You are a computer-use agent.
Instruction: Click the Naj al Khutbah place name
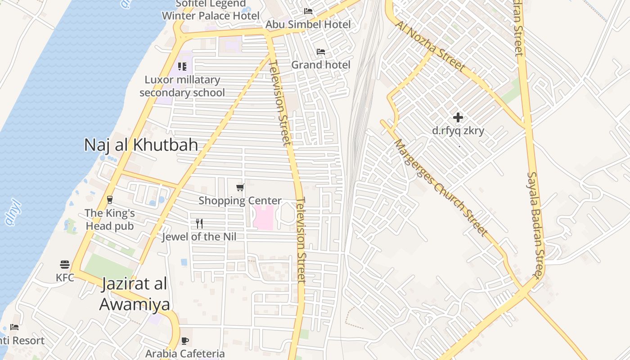pos(141,145)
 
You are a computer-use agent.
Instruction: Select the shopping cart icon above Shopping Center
pos(240,187)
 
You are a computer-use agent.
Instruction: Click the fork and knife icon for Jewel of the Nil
pos(199,224)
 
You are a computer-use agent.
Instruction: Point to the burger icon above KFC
pos(65,265)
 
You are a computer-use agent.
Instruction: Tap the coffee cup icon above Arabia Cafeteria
pos(184,341)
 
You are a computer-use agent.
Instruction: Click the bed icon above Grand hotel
pos(321,52)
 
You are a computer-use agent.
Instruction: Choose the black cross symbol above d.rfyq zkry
pos(458,117)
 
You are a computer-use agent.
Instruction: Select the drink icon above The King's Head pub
pos(110,199)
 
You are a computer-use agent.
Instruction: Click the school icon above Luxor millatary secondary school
pos(182,67)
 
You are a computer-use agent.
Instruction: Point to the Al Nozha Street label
pos(430,46)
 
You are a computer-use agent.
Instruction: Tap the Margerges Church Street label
pos(441,188)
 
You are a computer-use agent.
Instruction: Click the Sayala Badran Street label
pos(536,225)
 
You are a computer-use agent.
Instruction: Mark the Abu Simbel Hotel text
pos(308,24)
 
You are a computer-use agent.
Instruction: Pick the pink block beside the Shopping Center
pos(263,217)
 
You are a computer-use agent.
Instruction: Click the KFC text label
pos(65,278)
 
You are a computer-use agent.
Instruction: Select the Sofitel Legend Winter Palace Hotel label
pos(211,10)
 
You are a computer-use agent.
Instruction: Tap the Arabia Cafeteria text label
pos(184,353)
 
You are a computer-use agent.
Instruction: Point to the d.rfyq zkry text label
pos(458,131)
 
